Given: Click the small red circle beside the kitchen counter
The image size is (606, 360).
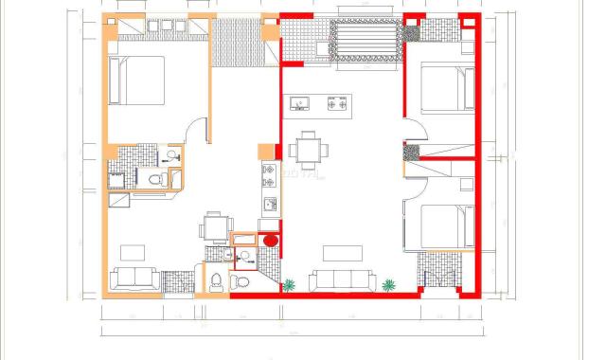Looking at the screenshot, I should point(270,241).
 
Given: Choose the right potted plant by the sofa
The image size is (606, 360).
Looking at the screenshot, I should point(388,283).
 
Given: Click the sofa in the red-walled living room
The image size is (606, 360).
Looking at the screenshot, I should point(343,279).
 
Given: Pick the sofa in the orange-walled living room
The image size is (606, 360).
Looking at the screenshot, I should point(134,278).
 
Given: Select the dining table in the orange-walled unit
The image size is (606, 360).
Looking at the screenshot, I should point(216,227).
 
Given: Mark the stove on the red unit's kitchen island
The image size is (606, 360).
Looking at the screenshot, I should point(336,103).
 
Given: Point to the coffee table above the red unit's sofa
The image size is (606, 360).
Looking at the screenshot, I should point(342,253).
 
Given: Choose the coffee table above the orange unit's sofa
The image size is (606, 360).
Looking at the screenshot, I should point(133,252).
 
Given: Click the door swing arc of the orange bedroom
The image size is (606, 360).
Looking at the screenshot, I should point(196,129).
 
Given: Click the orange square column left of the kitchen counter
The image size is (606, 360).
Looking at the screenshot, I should point(266,150).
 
